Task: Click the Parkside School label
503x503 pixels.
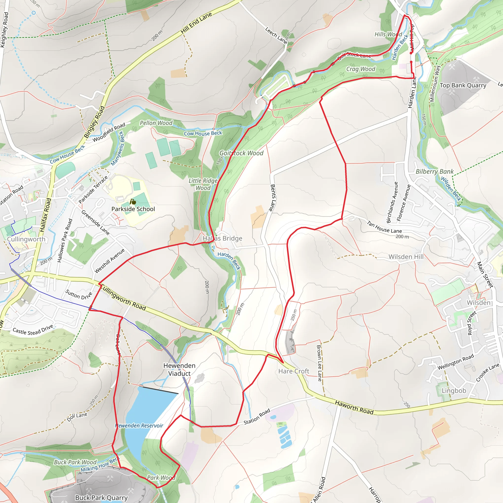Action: click(x=133, y=209)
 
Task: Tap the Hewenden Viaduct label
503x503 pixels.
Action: click(x=179, y=369)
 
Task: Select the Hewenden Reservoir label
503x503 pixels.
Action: click(x=139, y=426)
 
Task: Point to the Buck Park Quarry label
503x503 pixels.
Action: click(x=101, y=498)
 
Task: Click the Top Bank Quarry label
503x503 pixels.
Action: click(x=463, y=85)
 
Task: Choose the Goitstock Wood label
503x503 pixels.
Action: click(x=241, y=153)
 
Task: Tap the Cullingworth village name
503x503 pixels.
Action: click(x=26, y=239)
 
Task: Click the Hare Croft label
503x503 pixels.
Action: click(x=294, y=371)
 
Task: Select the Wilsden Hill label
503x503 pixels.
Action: click(x=406, y=257)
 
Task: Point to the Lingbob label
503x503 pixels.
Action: click(x=454, y=391)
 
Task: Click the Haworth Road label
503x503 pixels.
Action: click(x=354, y=407)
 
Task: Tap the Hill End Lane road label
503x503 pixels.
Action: click(x=196, y=23)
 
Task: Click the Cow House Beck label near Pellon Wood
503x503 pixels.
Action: click(x=203, y=133)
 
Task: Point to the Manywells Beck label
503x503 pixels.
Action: click(x=118, y=148)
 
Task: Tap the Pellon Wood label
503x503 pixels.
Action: click(x=156, y=123)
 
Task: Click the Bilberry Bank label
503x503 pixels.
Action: click(x=434, y=172)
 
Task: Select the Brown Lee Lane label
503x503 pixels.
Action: click(x=319, y=363)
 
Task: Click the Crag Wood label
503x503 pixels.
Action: click(x=361, y=69)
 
